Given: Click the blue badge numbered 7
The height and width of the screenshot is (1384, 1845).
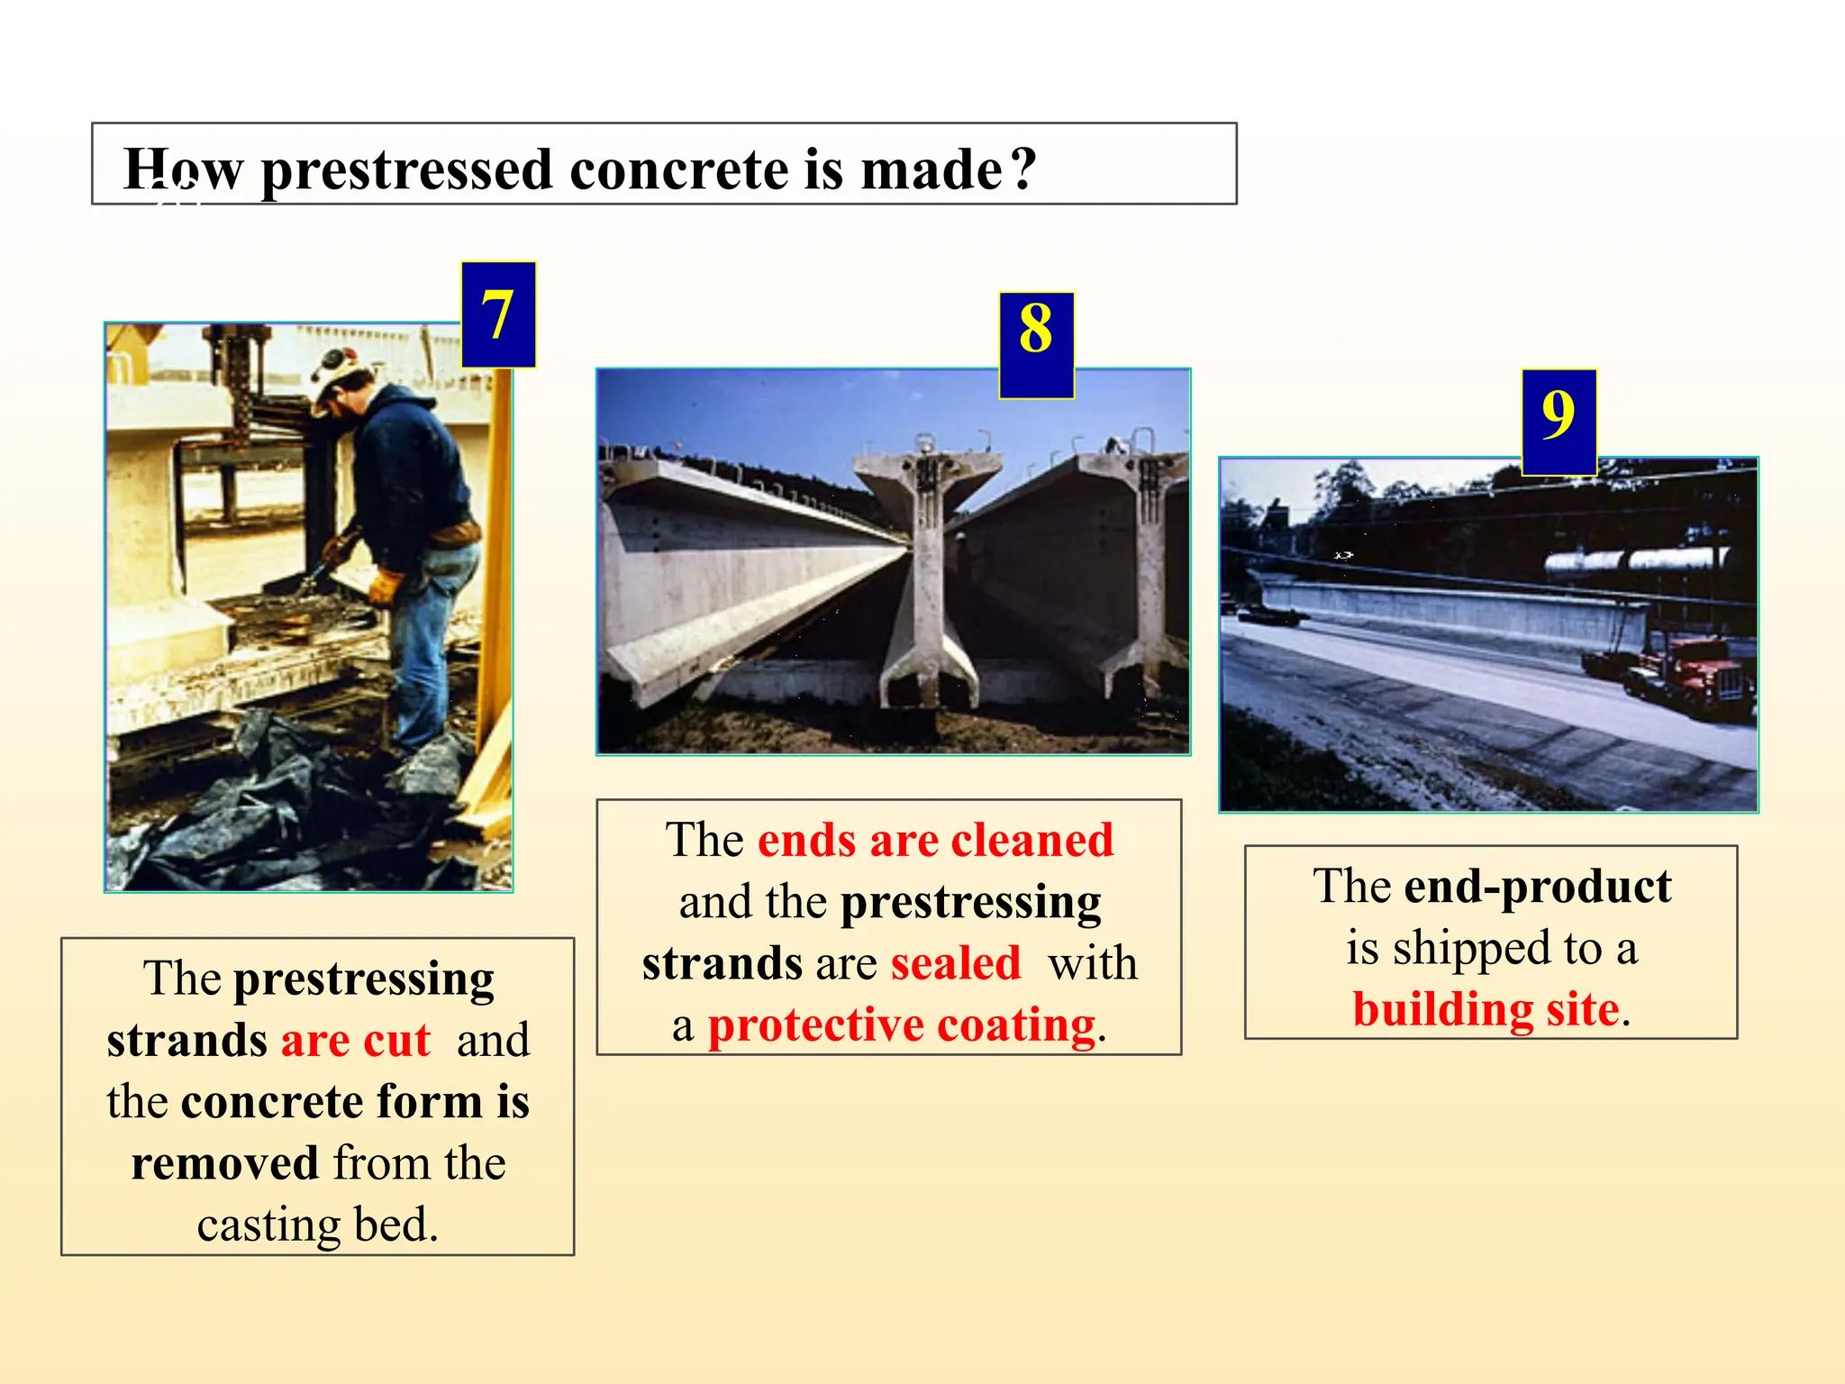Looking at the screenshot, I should (x=498, y=314).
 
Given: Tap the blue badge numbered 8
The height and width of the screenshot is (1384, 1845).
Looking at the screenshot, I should (x=1036, y=345).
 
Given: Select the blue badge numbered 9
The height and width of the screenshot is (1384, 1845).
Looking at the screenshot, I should (x=1559, y=422).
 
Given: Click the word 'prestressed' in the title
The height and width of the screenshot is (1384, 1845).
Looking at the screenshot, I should (x=406, y=170).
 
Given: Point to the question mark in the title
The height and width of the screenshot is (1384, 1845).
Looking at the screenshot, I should (x=1023, y=168).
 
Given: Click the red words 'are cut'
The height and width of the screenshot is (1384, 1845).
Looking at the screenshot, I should (x=355, y=1041).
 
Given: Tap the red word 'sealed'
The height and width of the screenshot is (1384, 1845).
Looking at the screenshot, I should (x=955, y=963).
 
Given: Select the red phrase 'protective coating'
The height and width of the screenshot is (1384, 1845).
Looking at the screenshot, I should (x=901, y=1025).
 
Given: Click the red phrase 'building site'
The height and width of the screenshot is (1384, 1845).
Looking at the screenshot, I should (x=1486, y=1009).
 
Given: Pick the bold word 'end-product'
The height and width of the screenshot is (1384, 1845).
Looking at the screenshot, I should (x=1537, y=887).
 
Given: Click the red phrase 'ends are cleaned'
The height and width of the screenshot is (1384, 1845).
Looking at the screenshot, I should (x=935, y=841).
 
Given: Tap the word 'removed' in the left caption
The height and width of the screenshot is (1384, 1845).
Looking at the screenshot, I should (x=224, y=1163).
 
